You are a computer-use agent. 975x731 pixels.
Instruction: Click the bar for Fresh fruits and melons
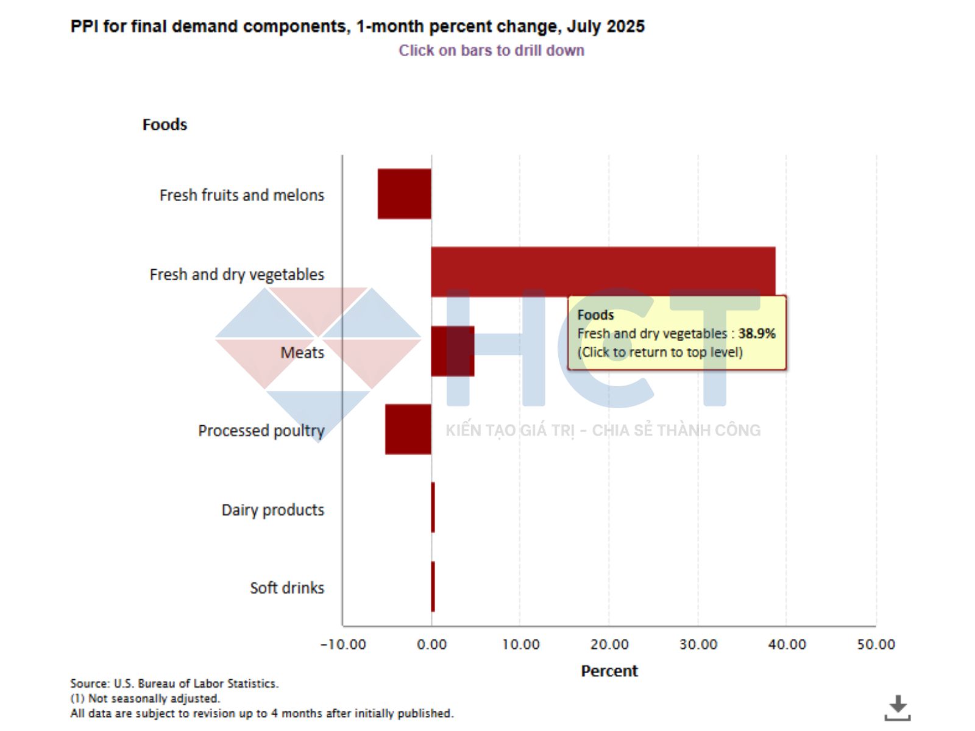pyautogui.click(x=404, y=194)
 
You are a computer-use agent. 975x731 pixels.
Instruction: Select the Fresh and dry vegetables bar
pyautogui.click(x=603, y=272)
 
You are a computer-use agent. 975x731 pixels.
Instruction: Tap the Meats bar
pyautogui.click(x=452, y=351)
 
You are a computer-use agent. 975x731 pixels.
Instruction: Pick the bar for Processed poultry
pyautogui.click(x=408, y=429)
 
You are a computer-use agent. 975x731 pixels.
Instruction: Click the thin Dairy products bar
pyautogui.click(x=433, y=507)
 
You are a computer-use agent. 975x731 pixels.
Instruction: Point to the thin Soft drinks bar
pyautogui.click(x=433, y=587)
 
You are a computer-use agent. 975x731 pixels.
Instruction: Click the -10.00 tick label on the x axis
pyautogui.click(x=343, y=644)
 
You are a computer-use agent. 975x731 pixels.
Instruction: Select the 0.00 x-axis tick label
pyautogui.click(x=431, y=644)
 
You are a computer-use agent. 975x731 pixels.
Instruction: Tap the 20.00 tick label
pyautogui.click(x=609, y=644)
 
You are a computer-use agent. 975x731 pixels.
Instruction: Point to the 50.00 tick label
pyautogui.click(x=876, y=644)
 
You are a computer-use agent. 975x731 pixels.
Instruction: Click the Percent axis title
pyautogui.click(x=609, y=671)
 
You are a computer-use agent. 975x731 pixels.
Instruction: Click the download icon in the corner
pyautogui.click(x=897, y=707)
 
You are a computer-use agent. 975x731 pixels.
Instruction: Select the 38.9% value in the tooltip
pyautogui.click(x=756, y=333)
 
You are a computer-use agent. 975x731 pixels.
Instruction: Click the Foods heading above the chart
pyautogui.click(x=165, y=124)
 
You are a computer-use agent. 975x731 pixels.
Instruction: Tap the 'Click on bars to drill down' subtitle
pyautogui.click(x=491, y=51)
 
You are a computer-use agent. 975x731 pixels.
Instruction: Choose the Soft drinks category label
pyautogui.click(x=287, y=588)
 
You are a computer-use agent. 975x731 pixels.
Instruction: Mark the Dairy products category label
pyautogui.click(x=272, y=510)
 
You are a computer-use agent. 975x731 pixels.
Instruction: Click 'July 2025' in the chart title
pyautogui.click(x=605, y=27)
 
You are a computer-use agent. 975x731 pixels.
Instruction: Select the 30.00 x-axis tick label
pyautogui.click(x=698, y=644)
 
